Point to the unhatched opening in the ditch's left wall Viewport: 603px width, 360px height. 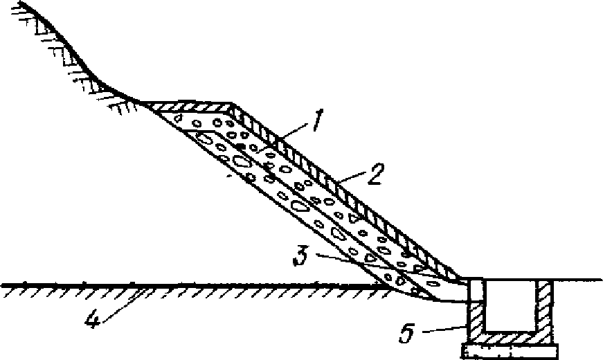476,293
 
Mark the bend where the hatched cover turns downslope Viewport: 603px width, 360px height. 233,108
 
